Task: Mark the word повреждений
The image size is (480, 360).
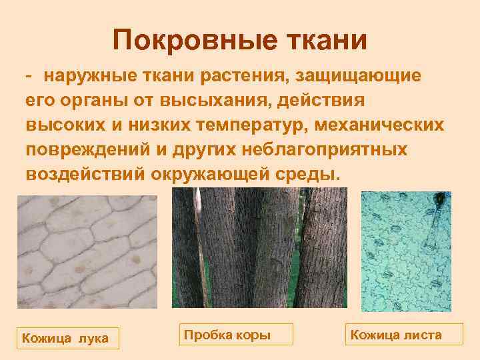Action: [x=85, y=149]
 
